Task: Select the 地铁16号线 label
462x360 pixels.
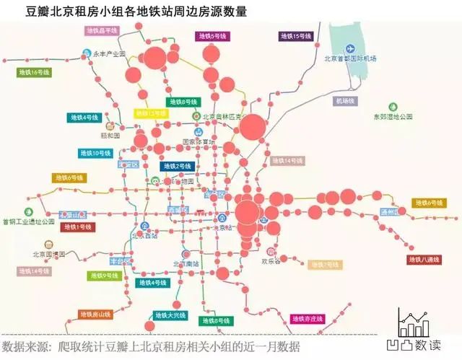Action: pos(35,72)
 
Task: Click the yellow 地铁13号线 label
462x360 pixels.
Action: pos(151,113)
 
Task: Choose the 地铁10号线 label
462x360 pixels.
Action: pos(95,153)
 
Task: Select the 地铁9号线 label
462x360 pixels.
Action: pos(105,276)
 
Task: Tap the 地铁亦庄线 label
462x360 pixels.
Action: pos(308,318)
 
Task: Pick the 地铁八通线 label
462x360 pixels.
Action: pos(423,260)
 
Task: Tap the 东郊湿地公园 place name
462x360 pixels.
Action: pos(391,116)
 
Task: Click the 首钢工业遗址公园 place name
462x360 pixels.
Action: pos(28,221)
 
